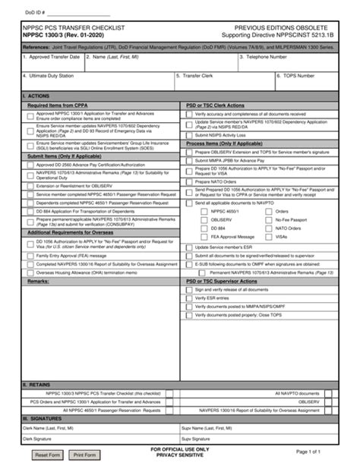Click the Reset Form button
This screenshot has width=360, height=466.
(48, 454)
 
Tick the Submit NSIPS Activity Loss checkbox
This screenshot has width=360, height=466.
(189, 134)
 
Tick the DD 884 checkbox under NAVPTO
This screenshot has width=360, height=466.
(204, 227)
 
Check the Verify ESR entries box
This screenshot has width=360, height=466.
(189, 298)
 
